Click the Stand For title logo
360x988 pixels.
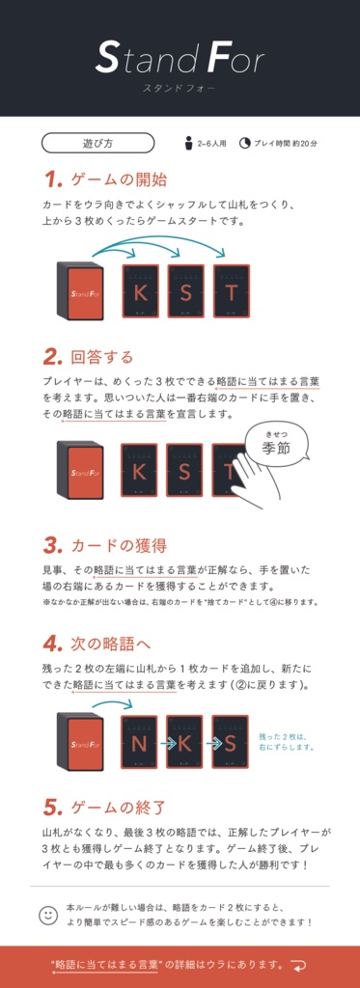pyautogui.click(x=180, y=60)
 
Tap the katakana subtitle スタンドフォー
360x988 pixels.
pyautogui.click(x=180, y=88)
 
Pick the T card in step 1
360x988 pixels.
pyautogui.click(x=231, y=291)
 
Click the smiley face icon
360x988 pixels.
pyautogui.click(x=48, y=915)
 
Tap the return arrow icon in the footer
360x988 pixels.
pyautogui.click(x=299, y=965)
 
